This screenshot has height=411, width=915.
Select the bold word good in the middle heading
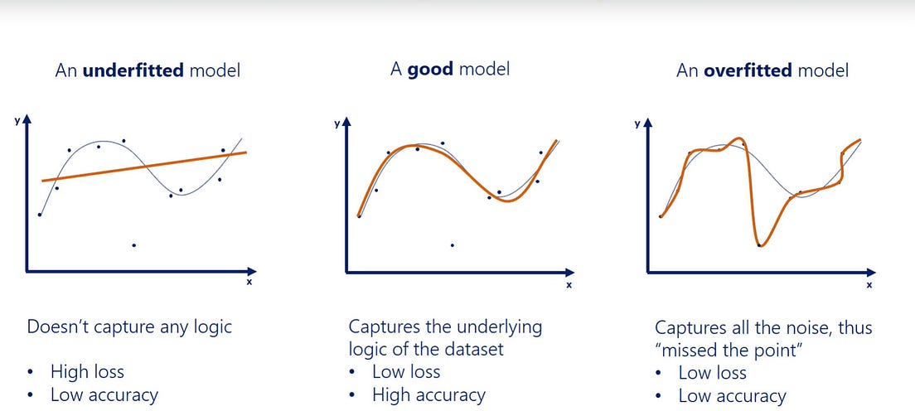coord(431,69)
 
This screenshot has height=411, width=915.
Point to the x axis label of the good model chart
coord(569,285)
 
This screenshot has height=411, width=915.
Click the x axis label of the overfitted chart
coord(869,285)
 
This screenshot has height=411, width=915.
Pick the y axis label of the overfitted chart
coord(637,123)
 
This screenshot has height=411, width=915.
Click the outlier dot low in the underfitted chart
coord(134,245)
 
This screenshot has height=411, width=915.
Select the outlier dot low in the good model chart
coord(452,245)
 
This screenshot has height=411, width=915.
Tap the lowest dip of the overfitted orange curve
coord(760,245)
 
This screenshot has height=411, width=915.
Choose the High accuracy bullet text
coord(428,395)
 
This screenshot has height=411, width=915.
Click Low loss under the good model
coord(406,371)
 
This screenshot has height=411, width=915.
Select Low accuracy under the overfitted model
coord(732,396)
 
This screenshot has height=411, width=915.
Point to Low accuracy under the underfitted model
coord(104,395)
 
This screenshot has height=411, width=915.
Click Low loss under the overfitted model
coord(712,373)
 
